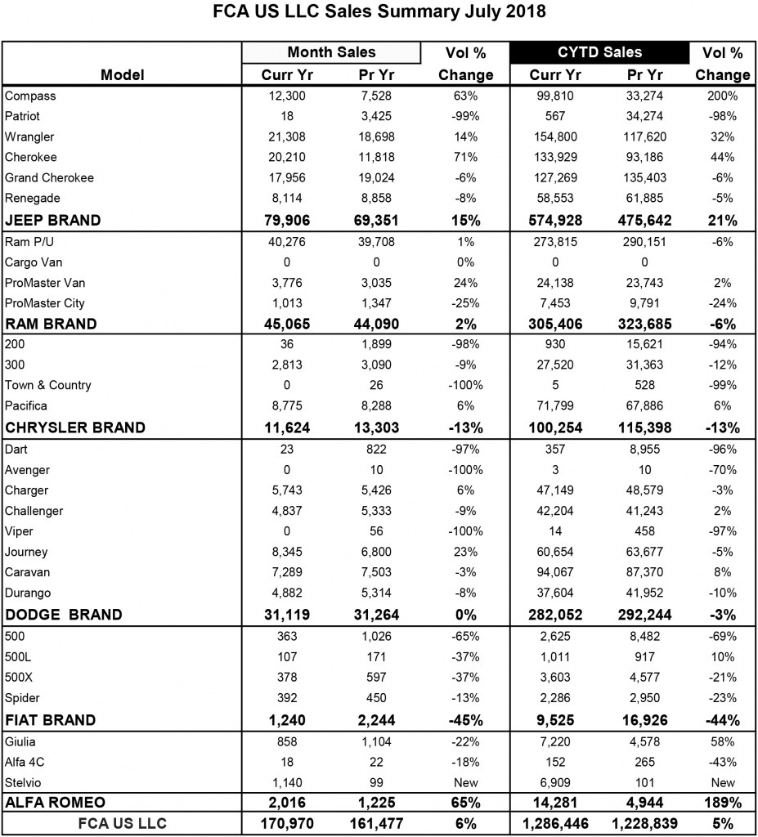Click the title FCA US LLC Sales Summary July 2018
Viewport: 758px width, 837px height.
(379, 13)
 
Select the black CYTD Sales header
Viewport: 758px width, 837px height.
(599, 52)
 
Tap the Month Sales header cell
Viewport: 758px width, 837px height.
(331, 52)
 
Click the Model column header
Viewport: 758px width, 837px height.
(123, 74)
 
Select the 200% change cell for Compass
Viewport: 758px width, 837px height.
(722, 96)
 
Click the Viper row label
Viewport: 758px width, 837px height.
(18, 531)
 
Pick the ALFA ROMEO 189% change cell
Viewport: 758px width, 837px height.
(722, 802)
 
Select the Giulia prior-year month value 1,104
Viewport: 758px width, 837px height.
(375, 741)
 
